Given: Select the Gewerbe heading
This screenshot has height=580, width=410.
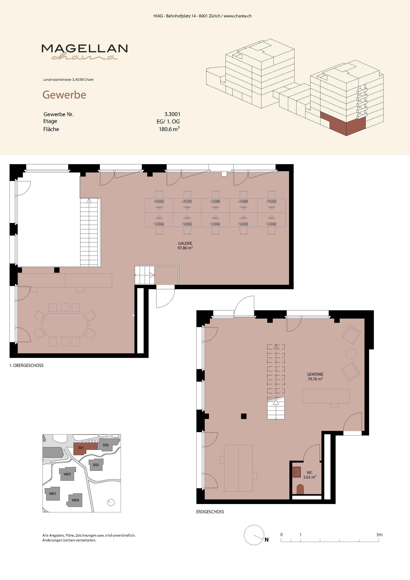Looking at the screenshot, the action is click(64, 95).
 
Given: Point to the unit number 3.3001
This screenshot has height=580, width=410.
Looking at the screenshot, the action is click(172, 114).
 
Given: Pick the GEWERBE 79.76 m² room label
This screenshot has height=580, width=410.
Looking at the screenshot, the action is click(315, 376).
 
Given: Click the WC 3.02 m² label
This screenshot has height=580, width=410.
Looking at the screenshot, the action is click(310, 475).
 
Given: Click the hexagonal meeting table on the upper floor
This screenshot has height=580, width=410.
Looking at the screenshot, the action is click(65, 325).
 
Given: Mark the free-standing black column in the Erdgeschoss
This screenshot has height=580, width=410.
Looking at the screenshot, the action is click(244, 416).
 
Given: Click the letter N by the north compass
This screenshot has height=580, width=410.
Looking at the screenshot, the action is click(267, 540).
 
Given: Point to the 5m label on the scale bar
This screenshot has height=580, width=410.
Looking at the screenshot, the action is click(379, 534).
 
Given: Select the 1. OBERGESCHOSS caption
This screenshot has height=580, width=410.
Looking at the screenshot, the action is click(26, 366).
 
